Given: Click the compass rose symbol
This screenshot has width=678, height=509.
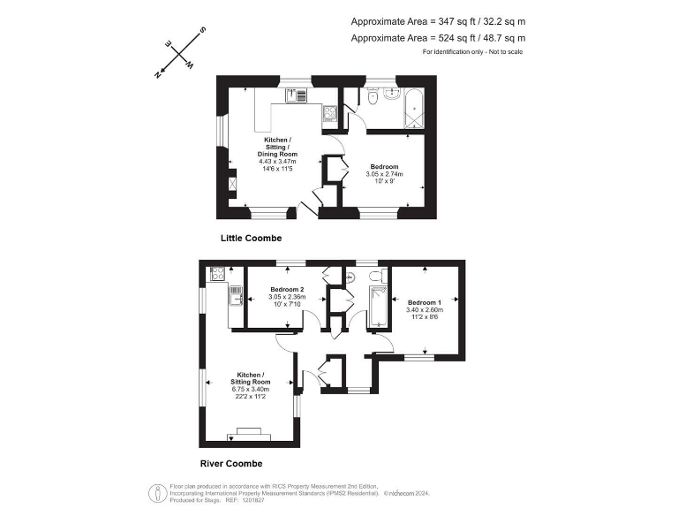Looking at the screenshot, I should [x=180, y=54].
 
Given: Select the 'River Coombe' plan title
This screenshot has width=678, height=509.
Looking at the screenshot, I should [x=233, y=463].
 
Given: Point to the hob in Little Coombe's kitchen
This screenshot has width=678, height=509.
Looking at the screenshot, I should [x=329, y=112].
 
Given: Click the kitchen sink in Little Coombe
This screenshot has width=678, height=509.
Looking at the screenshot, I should [x=295, y=95].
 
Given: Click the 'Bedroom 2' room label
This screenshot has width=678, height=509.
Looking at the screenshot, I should [x=287, y=290].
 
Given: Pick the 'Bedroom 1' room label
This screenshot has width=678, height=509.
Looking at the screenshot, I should [x=424, y=302].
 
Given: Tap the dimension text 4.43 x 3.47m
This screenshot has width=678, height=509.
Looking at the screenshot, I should [x=277, y=162].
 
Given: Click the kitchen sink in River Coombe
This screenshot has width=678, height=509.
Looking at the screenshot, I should [x=235, y=295].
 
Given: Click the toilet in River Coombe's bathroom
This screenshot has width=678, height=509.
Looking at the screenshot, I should [x=376, y=277].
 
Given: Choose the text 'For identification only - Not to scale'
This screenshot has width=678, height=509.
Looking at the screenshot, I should [x=472, y=52].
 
